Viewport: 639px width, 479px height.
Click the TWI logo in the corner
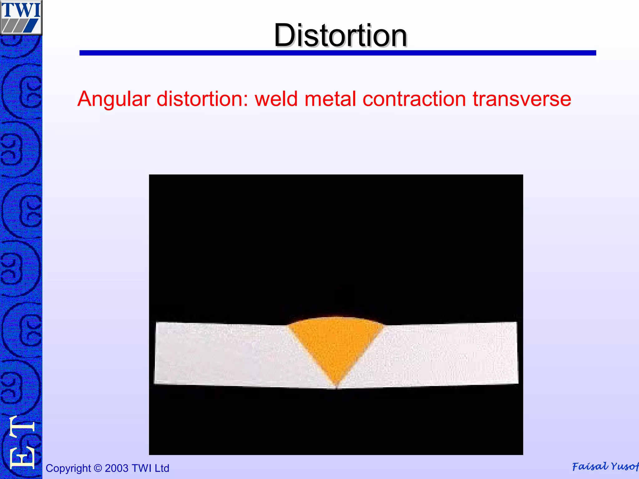[x=21, y=17]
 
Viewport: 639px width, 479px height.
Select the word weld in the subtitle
[x=276, y=99]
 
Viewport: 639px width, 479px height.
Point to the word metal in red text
[x=330, y=99]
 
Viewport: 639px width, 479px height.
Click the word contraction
[x=414, y=99]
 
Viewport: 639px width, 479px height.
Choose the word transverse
[x=522, y=99]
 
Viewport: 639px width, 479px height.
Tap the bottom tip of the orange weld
[x=336, y=385]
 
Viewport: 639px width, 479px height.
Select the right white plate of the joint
[x=449, y=354]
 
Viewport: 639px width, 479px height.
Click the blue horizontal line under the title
[x=338, y=53]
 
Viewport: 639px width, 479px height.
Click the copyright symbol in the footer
[x=98, y=468]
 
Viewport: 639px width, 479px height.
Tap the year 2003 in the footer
[x=117, y=468]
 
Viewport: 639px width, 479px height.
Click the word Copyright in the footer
[x=68, y=468]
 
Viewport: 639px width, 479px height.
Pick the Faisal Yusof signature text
[x=605, y=467]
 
